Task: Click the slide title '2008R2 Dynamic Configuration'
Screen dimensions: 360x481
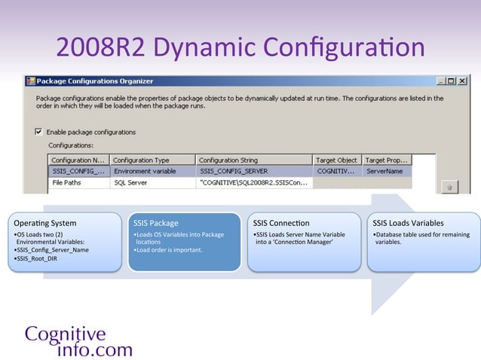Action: pos(240,48)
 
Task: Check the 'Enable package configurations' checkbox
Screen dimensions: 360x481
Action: pos(39,132)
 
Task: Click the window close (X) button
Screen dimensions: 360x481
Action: pos(463,81)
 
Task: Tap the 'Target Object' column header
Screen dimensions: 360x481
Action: pos(337,160)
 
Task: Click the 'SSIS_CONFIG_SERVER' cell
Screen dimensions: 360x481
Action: pos(234,171)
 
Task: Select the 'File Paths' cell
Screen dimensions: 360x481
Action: pos(68,182)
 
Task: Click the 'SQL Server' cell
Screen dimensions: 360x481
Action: pos(132,182)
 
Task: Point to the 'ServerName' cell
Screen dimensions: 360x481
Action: pos(384,171)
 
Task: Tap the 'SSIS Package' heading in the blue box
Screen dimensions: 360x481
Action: pos(156,223)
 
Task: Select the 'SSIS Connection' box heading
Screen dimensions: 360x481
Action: pos(281,223)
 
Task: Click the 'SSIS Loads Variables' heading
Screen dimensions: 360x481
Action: pos(408,223)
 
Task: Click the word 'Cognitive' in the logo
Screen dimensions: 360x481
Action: pos(65,334)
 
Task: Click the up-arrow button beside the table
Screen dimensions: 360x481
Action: pos(449,185)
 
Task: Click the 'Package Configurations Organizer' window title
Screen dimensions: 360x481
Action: pos(94,81)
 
